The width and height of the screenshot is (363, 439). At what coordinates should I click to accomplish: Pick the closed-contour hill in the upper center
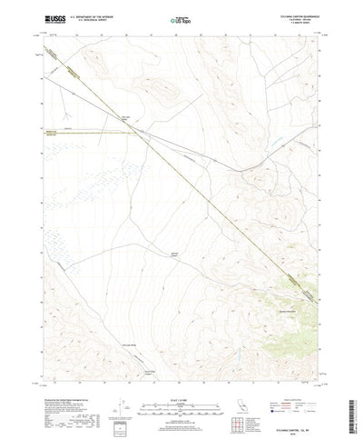coord(163,88)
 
